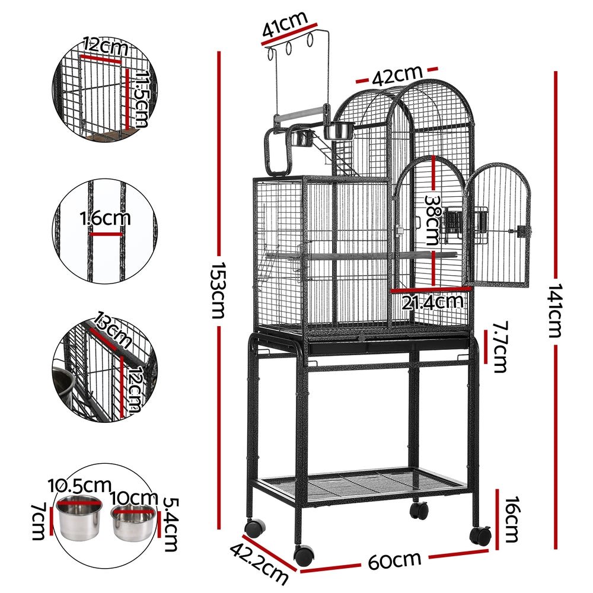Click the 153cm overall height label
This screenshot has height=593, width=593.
[x=218, y=290]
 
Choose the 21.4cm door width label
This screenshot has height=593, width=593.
[x=432, y=302]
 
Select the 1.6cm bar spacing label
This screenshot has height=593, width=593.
[x=106, y=219]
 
